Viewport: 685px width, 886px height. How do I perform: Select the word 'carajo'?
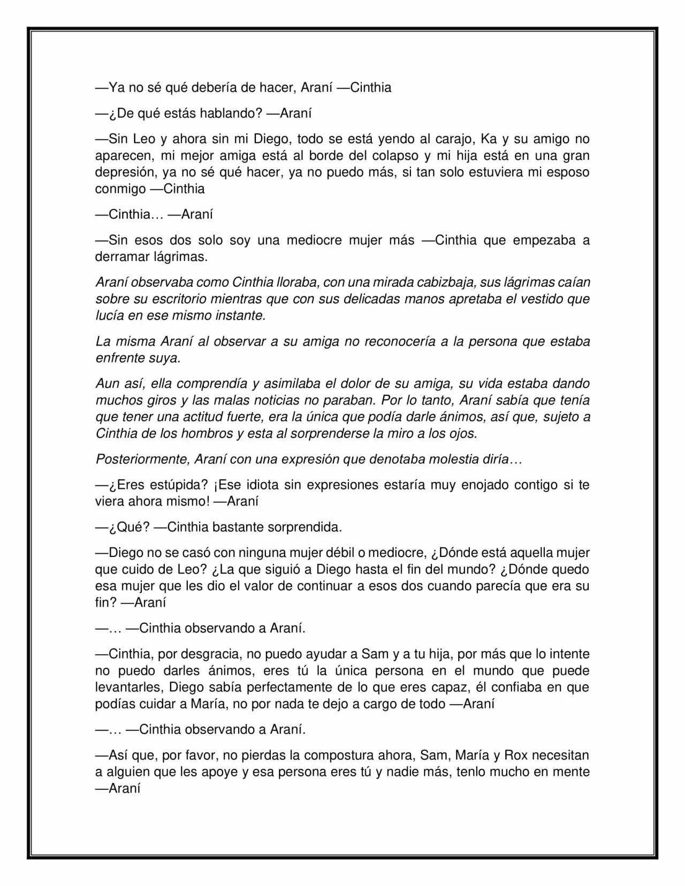point(450,139)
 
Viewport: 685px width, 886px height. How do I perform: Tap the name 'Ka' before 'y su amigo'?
point(489,139)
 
